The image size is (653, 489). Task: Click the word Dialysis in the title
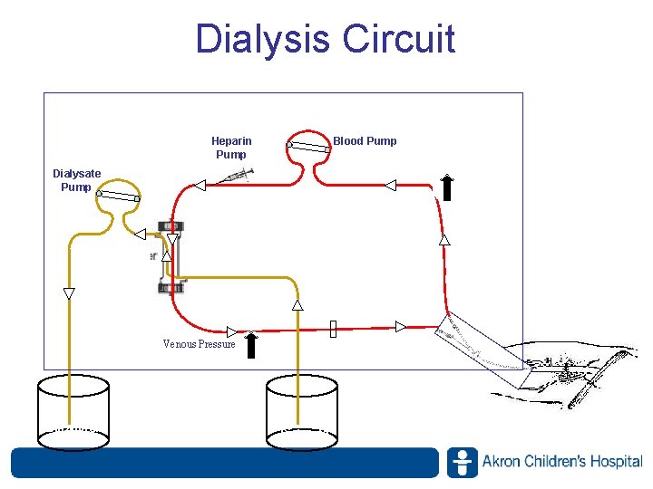coord(262,40)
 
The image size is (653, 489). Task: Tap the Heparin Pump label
coord(231,148)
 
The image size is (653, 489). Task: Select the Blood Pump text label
coord(365,141)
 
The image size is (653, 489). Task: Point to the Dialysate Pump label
coord(76,180)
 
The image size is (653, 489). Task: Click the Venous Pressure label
coord(199,344)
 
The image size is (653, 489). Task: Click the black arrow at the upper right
coord(447,187)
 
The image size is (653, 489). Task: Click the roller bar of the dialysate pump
coord(118,195)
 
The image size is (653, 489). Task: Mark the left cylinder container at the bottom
coord(73,412)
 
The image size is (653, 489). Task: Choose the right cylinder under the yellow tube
coord(301,412)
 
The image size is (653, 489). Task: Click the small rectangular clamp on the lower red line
coord(333,328)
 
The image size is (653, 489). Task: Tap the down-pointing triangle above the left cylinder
coord(69,293)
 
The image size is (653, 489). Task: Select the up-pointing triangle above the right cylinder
coord(297,305)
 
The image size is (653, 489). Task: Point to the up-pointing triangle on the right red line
coord(444,240)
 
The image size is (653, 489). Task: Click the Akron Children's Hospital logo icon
coord(462,462)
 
